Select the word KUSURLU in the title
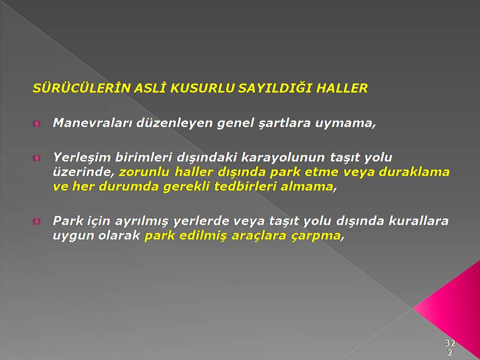pyautogui.click(x=202, y=88)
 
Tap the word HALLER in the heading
pyautogui.click(x=341, y=88)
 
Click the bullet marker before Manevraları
pyautogui.click(x=36, y=123)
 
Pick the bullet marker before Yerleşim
pyautogui.click(x=36, y=158)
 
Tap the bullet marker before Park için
pyautogui.click(x=36, y=221)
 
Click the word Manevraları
pyautogui.click(x=92, y=123)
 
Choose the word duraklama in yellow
pyautogui.click(x=414, y=171)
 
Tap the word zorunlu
pyautogui.click(x=144, y=172)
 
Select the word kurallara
pyautogui.click(x=418, y=220)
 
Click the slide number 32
pyautogui.click(x=450, y=342)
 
